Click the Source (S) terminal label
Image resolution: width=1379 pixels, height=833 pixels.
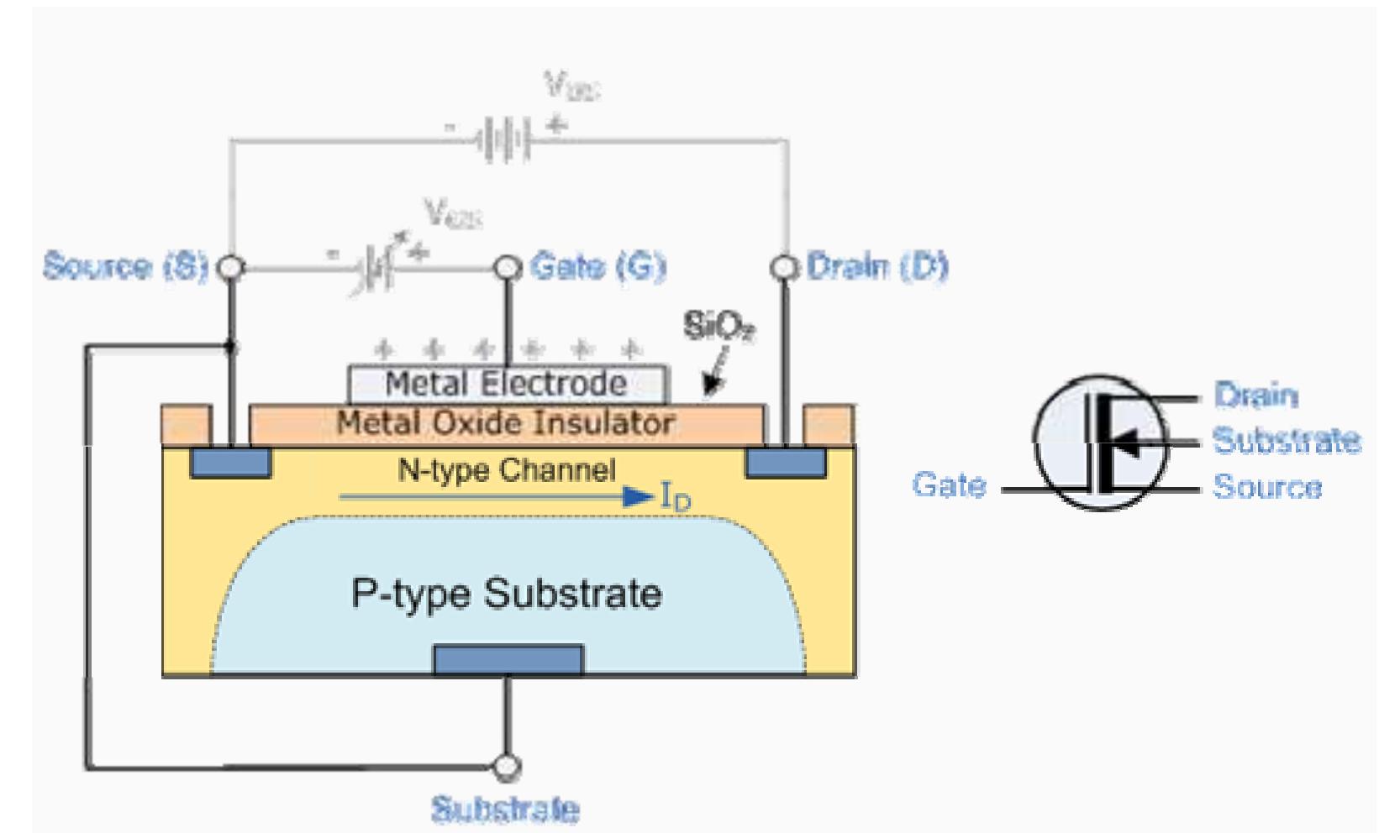pos(125,266)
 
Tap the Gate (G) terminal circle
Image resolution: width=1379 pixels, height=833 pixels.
pos(507,268)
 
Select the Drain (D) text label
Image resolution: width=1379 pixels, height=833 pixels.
pos(876,266)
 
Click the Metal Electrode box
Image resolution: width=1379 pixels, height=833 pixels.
pos(508,385)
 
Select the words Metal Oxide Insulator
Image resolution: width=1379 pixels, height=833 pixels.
pos(506,422)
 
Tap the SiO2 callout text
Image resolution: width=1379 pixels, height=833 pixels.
pos(718,327)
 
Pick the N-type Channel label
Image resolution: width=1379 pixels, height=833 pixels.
pos(507,470)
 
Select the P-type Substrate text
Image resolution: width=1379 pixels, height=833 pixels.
pos(507,594)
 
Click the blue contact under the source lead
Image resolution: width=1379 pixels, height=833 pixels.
pos(230,463)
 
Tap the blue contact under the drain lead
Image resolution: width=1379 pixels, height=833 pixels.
pos(786,463)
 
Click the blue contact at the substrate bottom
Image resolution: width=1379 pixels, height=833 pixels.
pos(508,660)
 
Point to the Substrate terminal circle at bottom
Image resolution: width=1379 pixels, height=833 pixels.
pos(507,766)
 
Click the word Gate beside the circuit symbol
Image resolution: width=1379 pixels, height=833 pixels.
pos(949,485)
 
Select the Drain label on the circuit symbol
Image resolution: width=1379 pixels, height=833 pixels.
pos(1255,395)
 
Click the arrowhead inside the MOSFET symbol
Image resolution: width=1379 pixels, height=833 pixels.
pos(1129,443)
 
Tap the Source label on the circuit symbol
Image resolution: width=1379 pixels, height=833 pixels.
pos(1266,487)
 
